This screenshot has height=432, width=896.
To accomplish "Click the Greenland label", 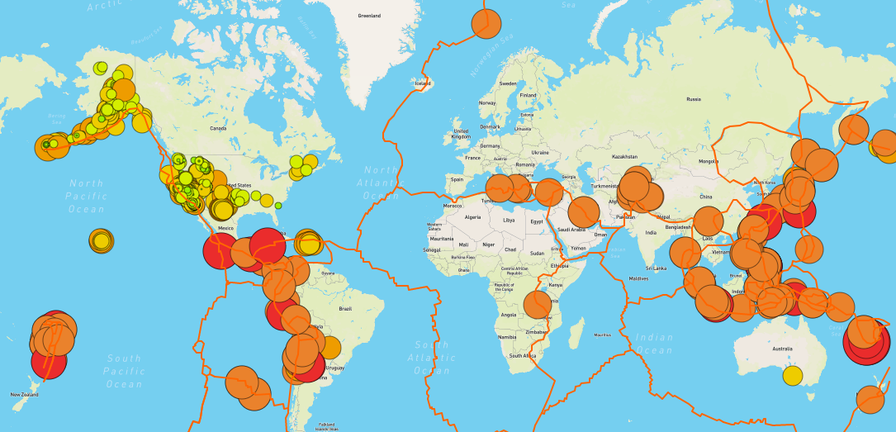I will (369, 16).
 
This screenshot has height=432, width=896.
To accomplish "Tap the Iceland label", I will (423, 83).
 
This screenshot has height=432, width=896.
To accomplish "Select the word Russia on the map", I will (693, 99).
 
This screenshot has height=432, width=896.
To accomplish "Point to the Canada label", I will (218, 128).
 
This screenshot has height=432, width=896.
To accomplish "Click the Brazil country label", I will (345, 308).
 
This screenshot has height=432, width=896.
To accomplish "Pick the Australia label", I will (782, 349).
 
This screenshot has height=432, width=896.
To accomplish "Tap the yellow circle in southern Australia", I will (792, 375).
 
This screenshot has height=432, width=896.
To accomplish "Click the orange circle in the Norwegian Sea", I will (486, 24).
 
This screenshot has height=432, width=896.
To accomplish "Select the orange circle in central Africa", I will (537, 305).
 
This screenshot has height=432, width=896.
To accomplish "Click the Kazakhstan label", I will (625, 156).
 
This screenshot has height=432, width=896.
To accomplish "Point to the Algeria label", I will (473, 217).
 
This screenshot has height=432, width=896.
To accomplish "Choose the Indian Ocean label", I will (653, 343).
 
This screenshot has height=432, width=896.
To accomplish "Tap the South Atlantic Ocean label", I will (433, 358).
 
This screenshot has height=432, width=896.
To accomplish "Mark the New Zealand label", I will (24, 395).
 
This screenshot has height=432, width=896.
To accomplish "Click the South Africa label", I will (522, 355).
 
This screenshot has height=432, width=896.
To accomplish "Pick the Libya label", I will (509, 220).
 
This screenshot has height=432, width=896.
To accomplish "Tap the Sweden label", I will (508, 83).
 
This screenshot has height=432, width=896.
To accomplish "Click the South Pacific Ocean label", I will (125, 371).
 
